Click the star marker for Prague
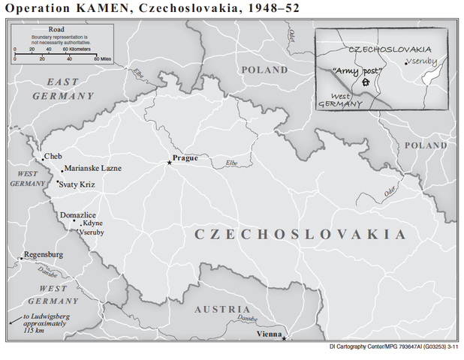coord(169,163)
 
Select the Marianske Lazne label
coord(92,168)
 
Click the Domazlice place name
coord(78,214)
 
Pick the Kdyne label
coord(92,223)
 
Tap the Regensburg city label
coord(44,255)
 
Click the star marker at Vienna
coord(284,339)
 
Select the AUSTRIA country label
coord(222,309)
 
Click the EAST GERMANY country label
coord(63,88)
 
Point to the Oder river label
coord(390,191)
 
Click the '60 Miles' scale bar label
coord(100,57)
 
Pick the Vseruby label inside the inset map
coord(420,61)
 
